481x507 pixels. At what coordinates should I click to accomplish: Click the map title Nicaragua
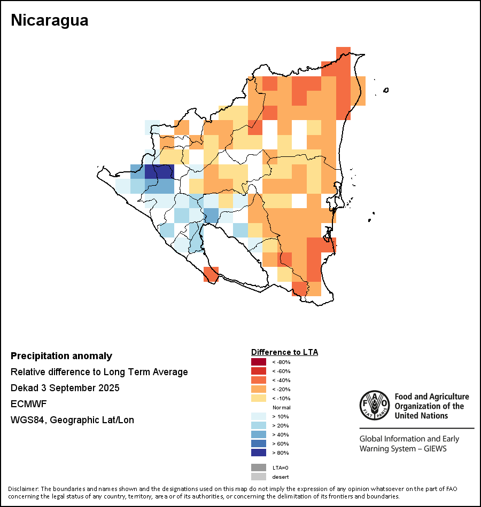pyautogui.click(x=49, y=20)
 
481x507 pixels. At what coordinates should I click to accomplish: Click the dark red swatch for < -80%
pyautogui.click(x=258, y=362)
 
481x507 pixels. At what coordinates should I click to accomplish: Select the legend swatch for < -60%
pyautogui.click(x=258, y=371)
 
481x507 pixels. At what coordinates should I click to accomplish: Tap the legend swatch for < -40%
pyautogui.click(x=258, y=380)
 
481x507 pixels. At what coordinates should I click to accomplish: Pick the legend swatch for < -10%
pyautogui.click(x=258, y=398)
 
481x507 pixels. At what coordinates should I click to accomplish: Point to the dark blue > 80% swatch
pyautogui.click(x=258, y=453)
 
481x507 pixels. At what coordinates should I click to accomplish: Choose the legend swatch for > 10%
pyautogui.click(x=258, y=416)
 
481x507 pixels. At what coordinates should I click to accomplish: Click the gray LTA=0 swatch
pyautogui.click(x=258, y=468)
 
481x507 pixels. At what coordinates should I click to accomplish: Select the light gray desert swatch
pyautogui.click(x=258, y=477)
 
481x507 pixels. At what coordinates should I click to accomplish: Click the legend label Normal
pyautogui.click(x=281, y=407)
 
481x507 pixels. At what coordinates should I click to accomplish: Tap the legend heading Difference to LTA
pyautogui.click(x=284, y=352)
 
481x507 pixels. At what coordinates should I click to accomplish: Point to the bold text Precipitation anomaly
pyautogui.click(x=61, y=356)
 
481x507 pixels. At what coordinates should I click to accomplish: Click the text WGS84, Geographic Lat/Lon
pyautogui.click(x=72, y=420)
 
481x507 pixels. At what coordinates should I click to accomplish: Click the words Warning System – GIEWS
pyautogui.click(x=403, y=448)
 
